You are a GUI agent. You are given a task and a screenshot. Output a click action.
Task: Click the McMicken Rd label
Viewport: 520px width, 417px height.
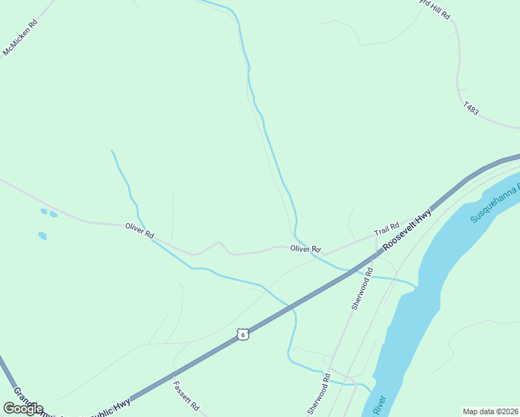point(21,38)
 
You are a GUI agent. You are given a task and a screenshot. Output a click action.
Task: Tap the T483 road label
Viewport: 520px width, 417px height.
point(471,108)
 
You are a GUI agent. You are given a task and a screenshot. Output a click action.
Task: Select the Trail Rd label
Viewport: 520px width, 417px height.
point(387,228)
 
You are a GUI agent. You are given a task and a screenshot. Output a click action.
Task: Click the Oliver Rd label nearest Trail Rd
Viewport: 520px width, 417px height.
point(305,248)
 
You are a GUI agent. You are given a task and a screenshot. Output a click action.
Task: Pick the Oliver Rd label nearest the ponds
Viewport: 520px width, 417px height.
point(139,231)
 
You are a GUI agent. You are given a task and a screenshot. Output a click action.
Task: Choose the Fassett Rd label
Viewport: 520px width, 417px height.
point(186,395)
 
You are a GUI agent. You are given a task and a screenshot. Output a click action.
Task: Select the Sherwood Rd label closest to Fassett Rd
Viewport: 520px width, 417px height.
point(319,395)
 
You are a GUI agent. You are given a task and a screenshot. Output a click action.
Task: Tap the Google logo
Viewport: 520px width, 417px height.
point(23,408)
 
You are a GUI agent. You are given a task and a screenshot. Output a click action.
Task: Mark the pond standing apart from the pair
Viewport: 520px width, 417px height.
point(42,236)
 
